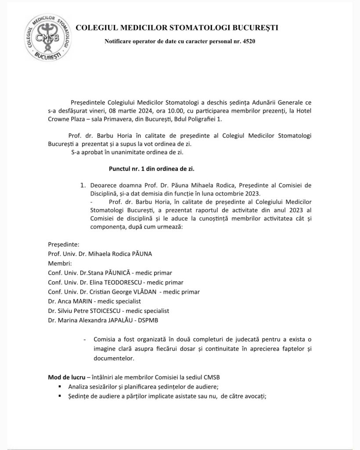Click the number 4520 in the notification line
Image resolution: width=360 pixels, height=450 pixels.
(247, 42)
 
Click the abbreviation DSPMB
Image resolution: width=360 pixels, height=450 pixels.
(146, 320)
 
